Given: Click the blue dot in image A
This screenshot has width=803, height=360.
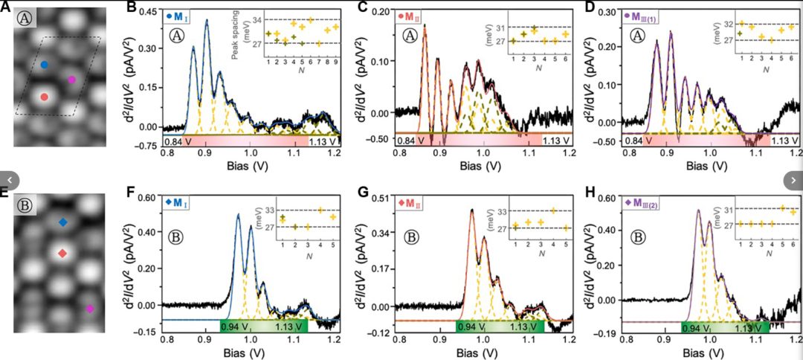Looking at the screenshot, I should (x=45, y=65).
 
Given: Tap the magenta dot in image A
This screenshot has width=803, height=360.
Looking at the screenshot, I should (x=71, y=80).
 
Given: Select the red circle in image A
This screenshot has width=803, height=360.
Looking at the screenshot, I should (x=45, y=97).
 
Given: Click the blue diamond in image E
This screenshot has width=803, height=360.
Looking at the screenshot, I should (x=63, y=222).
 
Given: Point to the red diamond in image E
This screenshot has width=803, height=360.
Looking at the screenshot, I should (x=62, y=254).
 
